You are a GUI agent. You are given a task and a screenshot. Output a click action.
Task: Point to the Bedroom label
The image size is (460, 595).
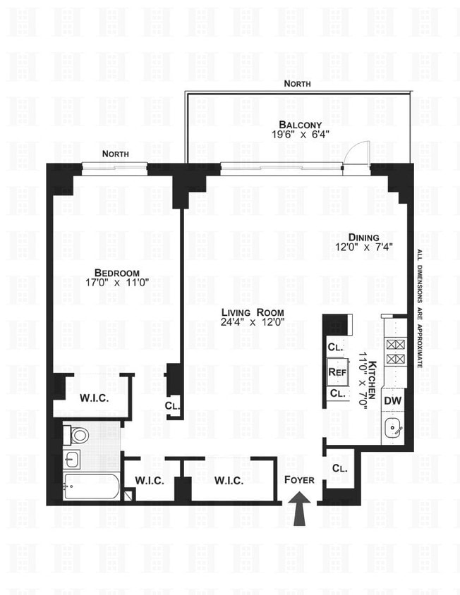pos(117,272)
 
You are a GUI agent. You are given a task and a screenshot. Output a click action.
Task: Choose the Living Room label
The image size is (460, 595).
pos(252,312)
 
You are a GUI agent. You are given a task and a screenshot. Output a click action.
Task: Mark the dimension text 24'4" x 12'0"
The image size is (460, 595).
pos(252,324)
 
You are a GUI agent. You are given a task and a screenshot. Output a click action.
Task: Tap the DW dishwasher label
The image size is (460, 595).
pos(393,400)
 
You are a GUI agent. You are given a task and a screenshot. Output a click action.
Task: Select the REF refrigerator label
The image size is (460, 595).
pos(336,372)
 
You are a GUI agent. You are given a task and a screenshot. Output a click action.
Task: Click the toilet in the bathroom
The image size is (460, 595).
pos(78,435)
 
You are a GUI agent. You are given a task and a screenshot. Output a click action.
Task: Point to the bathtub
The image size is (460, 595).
pos(91,486)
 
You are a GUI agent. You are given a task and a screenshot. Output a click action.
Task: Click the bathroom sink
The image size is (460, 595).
pos(71,460)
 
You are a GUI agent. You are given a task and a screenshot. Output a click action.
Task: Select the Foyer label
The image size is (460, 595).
pos(299,480)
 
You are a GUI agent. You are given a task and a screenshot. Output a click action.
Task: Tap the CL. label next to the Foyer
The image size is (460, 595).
pos(339,467)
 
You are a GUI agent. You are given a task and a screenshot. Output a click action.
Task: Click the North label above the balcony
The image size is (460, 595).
pos(297,84)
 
